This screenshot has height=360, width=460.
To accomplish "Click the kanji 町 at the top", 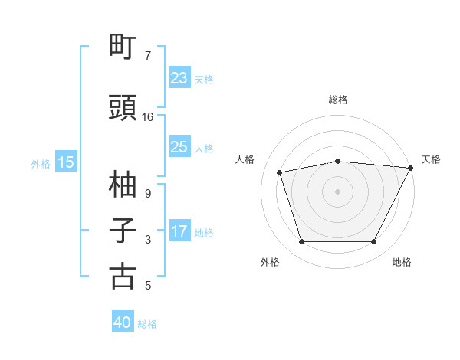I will (x=123, y=47).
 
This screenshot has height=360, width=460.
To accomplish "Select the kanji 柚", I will (x=123, y=185).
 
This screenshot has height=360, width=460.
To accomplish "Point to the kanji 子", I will (x=123, y=231).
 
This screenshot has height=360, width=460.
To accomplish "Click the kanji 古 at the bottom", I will (x=123, y=277).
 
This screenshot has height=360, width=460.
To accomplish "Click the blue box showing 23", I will (x=179, y=78).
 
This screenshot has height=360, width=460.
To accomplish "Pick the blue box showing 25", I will (x=179, y=147).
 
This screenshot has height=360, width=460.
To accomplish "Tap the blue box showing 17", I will (x=179, y=231).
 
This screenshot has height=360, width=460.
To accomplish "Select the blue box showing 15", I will (x=66, y=162).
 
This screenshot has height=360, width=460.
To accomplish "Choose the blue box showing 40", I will (x=123, y=322).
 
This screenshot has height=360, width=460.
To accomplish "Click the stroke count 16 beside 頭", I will (x=148, y=117).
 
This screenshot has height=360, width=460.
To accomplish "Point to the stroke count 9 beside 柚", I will (x=148, y=194).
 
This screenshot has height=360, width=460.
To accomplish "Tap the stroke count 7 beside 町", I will (x=148, y=56).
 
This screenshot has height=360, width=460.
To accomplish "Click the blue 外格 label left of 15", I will (x=41, y=163).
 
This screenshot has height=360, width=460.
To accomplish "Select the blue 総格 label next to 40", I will (x=147, y=323).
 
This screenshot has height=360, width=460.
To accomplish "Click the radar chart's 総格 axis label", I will (x=338, y=100).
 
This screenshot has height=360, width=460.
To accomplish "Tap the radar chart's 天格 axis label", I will (x=432, y=159).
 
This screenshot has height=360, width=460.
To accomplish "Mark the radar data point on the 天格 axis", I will (x=410, y=168).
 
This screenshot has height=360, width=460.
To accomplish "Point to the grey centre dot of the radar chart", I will (x=338, y=191).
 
